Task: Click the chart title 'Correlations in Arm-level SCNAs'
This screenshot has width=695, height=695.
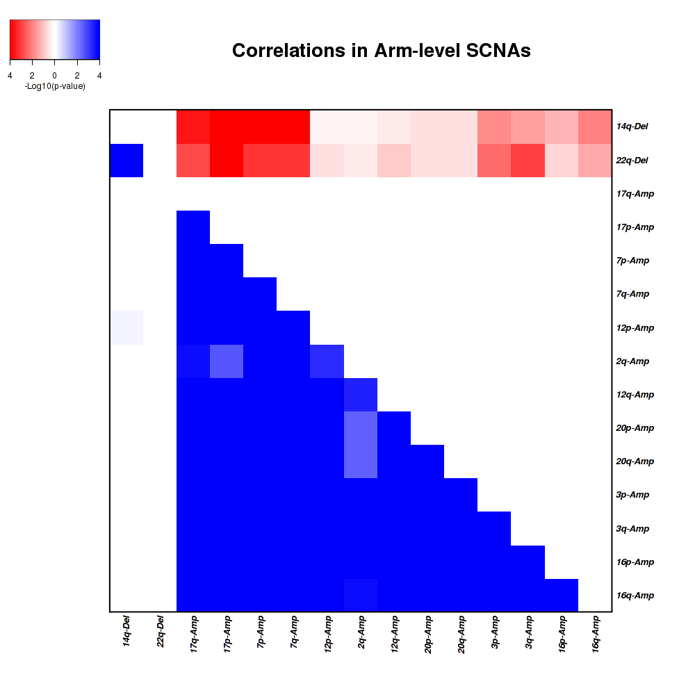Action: coord(381,51)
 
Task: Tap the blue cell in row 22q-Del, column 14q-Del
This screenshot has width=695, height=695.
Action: coord(126,161)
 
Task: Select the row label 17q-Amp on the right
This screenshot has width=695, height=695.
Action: coord(635,194)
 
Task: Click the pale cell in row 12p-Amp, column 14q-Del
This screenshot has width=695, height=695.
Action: coord(126,327)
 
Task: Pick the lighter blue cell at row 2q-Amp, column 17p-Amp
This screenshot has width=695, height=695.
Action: coord(227,361)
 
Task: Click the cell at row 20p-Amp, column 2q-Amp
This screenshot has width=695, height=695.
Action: coord(361,427)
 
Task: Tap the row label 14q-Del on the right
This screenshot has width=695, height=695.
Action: coord(632,127)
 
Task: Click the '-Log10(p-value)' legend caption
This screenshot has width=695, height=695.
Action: coord(54,86)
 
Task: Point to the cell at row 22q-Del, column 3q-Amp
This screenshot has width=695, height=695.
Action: coord(528,161)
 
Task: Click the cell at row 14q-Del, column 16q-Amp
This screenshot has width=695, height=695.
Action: coord(595,126)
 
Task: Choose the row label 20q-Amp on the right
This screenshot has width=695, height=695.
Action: coord(635,461)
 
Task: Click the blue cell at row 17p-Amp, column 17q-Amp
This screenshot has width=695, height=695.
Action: coord(193,227)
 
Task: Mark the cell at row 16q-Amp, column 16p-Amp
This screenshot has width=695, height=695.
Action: coord(562,595)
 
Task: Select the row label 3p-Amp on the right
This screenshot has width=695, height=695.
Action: coord(632,495)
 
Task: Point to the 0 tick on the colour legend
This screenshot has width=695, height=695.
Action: coord(54,75)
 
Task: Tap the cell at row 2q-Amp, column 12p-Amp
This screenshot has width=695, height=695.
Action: coord(327,361)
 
